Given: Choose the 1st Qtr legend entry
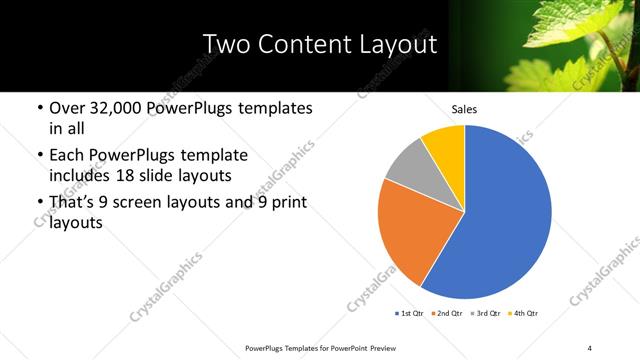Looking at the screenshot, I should [411, 313].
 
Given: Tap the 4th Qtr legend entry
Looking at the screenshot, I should [524, 313].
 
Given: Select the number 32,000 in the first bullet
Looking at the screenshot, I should [118, 107].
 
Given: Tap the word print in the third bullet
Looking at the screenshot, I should [286, 203].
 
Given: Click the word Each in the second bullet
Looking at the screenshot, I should [67, 155].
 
